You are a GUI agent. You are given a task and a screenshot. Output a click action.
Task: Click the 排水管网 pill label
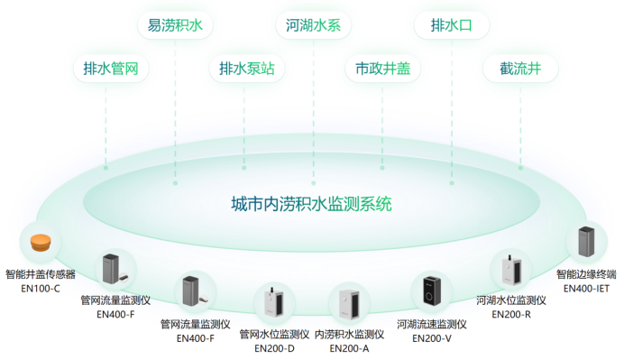(110, 69)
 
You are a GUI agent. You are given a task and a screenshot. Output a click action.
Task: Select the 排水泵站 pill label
(246, 69)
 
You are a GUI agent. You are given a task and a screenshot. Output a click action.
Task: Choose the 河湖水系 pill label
(313, 25)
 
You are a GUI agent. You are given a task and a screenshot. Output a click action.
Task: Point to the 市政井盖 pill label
(382, 69)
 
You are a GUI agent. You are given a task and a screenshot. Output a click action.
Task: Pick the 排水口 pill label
(451, 25)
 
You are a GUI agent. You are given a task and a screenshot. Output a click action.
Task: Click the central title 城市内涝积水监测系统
(312, 204)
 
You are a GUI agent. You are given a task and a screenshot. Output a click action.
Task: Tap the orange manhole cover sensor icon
(40, 243)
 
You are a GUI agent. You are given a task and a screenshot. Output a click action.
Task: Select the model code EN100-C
(40, 288)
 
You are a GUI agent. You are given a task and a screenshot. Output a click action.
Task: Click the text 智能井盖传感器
(40, 274)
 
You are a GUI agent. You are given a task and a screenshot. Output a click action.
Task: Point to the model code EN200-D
(274, 347)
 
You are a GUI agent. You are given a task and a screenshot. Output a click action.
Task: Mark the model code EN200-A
(349, 347)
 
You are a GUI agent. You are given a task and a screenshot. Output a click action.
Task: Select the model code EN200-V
(432, 337)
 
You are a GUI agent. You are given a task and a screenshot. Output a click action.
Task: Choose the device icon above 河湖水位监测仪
(510, 269)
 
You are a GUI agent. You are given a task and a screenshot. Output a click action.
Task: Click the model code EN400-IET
(587, 289)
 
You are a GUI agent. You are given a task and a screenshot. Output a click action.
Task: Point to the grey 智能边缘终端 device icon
(587, 243)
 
